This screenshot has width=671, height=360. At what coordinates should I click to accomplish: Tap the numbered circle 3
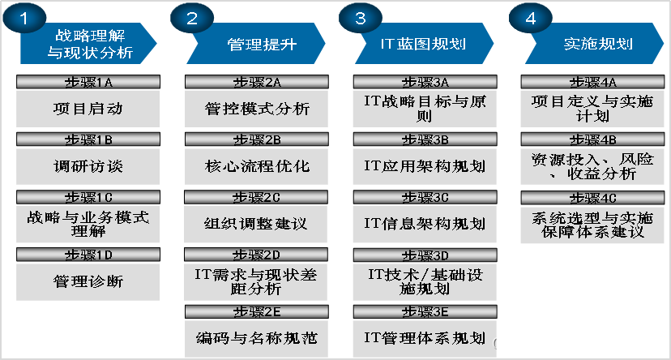pyautogui.click(x=360, y=20)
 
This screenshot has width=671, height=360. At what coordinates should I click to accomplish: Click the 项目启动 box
pyautogui.click(x=87, y=108)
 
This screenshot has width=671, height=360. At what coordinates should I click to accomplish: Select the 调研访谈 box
pyautogui.click(x=87, y=165)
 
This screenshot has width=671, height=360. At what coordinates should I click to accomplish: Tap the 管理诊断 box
pyautogui.click(x=87, y=281)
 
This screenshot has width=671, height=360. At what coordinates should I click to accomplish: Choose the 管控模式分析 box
pyautogui.click(x=257, y=108)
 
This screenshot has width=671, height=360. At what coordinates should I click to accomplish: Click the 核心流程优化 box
pyautogui.click(x=257, y=165)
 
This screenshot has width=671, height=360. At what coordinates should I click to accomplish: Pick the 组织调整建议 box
pyautogui.click(x=257, y=223)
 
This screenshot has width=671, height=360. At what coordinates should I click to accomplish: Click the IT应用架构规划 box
pyautogui.click(x=425, y=165)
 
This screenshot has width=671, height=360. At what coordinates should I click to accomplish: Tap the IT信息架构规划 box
pyautogui.click(x=425, y=223)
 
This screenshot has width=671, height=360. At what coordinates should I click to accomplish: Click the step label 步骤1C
pyautogui.click(x=88, y=196)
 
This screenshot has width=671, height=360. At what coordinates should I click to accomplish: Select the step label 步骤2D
pyautogui.click(x=257, y=255)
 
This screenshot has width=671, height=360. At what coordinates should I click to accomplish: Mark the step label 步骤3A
pyautogui.click(x=425, y=81)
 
